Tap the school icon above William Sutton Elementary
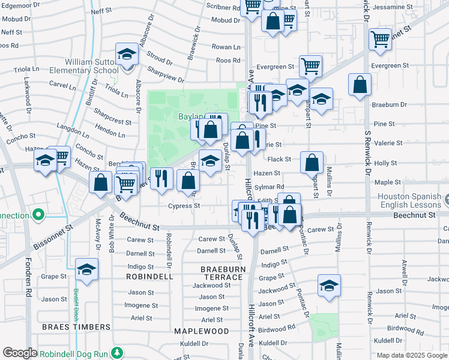(127, 55)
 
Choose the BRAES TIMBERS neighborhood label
(76, 327)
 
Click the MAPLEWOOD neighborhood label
(202, 331)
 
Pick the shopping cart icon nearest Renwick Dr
(381, 40)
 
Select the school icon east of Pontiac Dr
(329, 286)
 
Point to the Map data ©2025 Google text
(411, 355)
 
